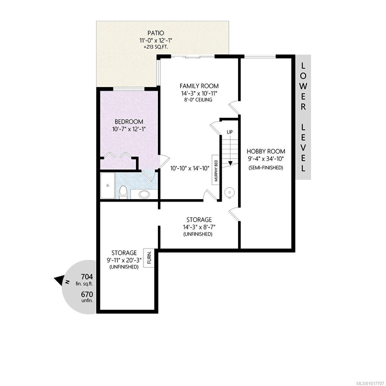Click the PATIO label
click(156, 33)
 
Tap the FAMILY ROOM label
click(199, 86)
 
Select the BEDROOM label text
click(129, 122)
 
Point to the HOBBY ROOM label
click(266, 151)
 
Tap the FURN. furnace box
click(149, 257)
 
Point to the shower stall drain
click(108, 186)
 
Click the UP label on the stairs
click(229, 132)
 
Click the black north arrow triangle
click(59, 280)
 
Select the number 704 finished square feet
click(87, 277)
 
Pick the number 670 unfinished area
click(87, 294)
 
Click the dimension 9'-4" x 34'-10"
click(266, 159)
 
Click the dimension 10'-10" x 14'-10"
click(189, 168)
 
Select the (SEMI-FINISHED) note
click(266, 168)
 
